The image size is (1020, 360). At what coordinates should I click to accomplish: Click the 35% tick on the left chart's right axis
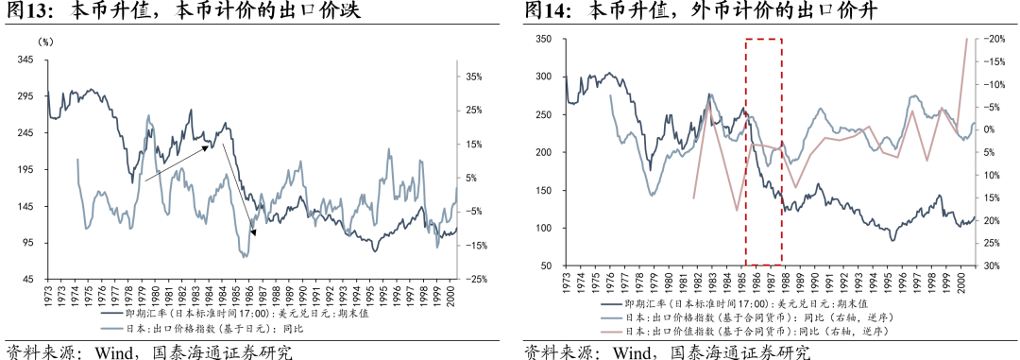point(473,76)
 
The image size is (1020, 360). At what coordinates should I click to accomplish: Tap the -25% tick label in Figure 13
point(475,279)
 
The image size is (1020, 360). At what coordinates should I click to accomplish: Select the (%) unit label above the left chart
point(45,43)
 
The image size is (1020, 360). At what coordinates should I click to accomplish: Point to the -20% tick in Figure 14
point(992,39)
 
